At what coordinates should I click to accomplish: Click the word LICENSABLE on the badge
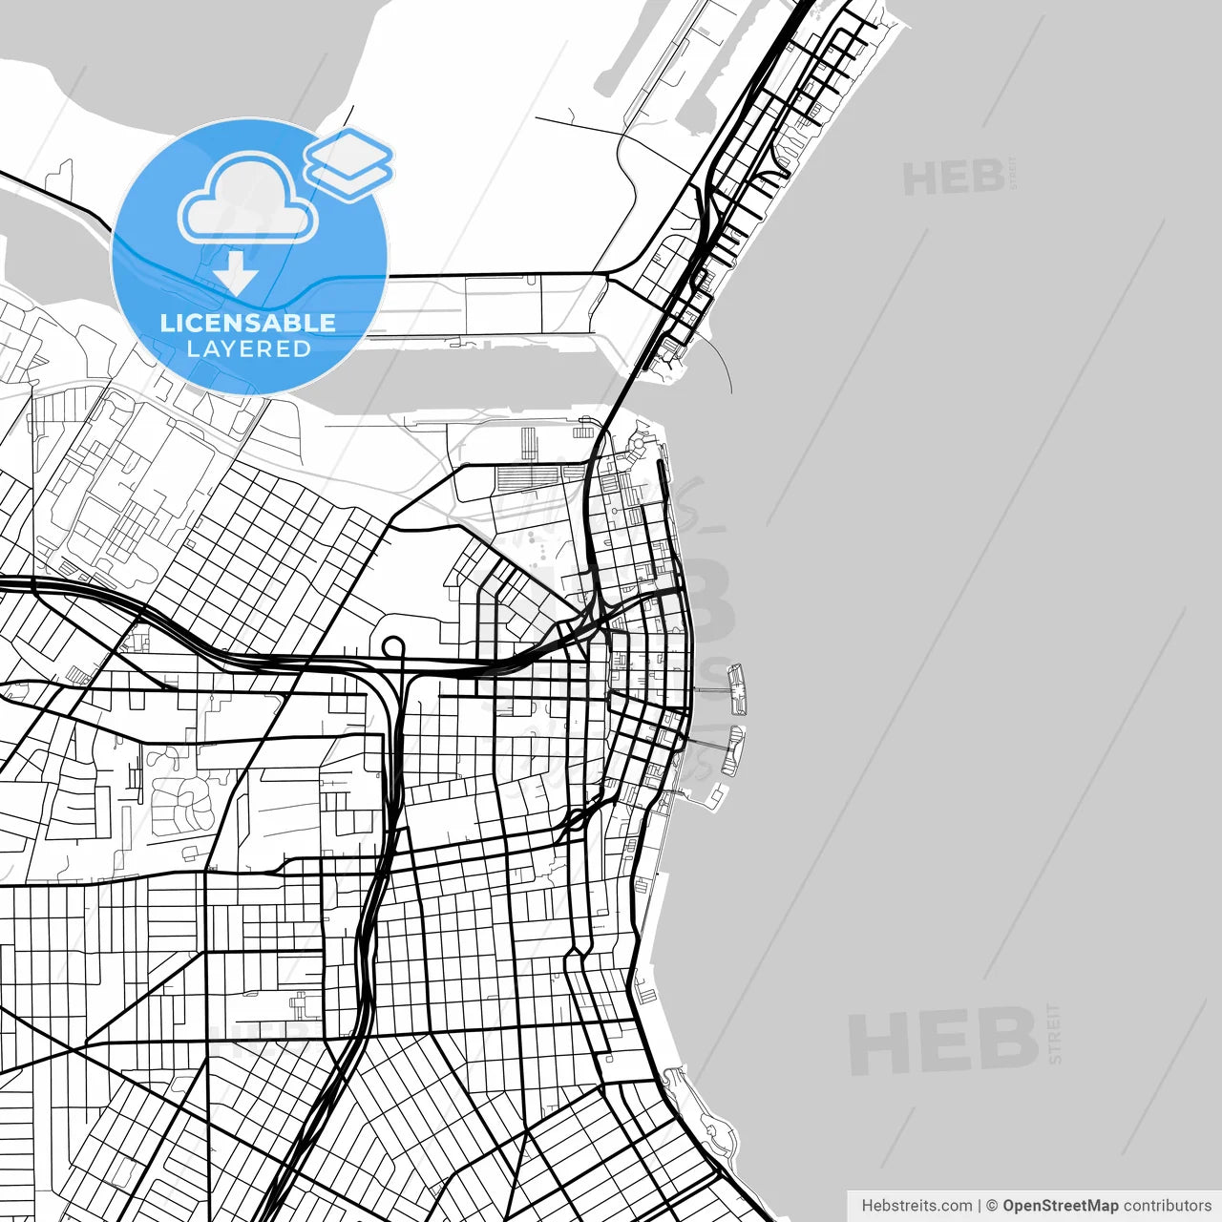coord(248,323)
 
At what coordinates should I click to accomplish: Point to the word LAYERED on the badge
coord(248,349)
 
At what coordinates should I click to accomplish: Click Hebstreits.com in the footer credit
coord(916,1206)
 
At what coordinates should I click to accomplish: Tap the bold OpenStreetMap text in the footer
coord(1060,1206)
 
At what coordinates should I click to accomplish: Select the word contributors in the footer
coord(1167,1206)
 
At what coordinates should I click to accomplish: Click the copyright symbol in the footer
coord(992,1206)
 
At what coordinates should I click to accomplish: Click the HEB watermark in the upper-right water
coord(953,179)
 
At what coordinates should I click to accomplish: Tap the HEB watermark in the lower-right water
coord(942,1041)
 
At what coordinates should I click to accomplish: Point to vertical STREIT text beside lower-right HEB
coord(1054,1033)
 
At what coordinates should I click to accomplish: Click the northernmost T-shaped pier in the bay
coord(737,689)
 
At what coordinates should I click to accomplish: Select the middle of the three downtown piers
coord(733,749)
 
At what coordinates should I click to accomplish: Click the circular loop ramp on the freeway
coord(394,649)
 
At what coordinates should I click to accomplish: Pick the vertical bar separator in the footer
coord(980,1206)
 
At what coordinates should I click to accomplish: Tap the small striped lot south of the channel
coord(529,444)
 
